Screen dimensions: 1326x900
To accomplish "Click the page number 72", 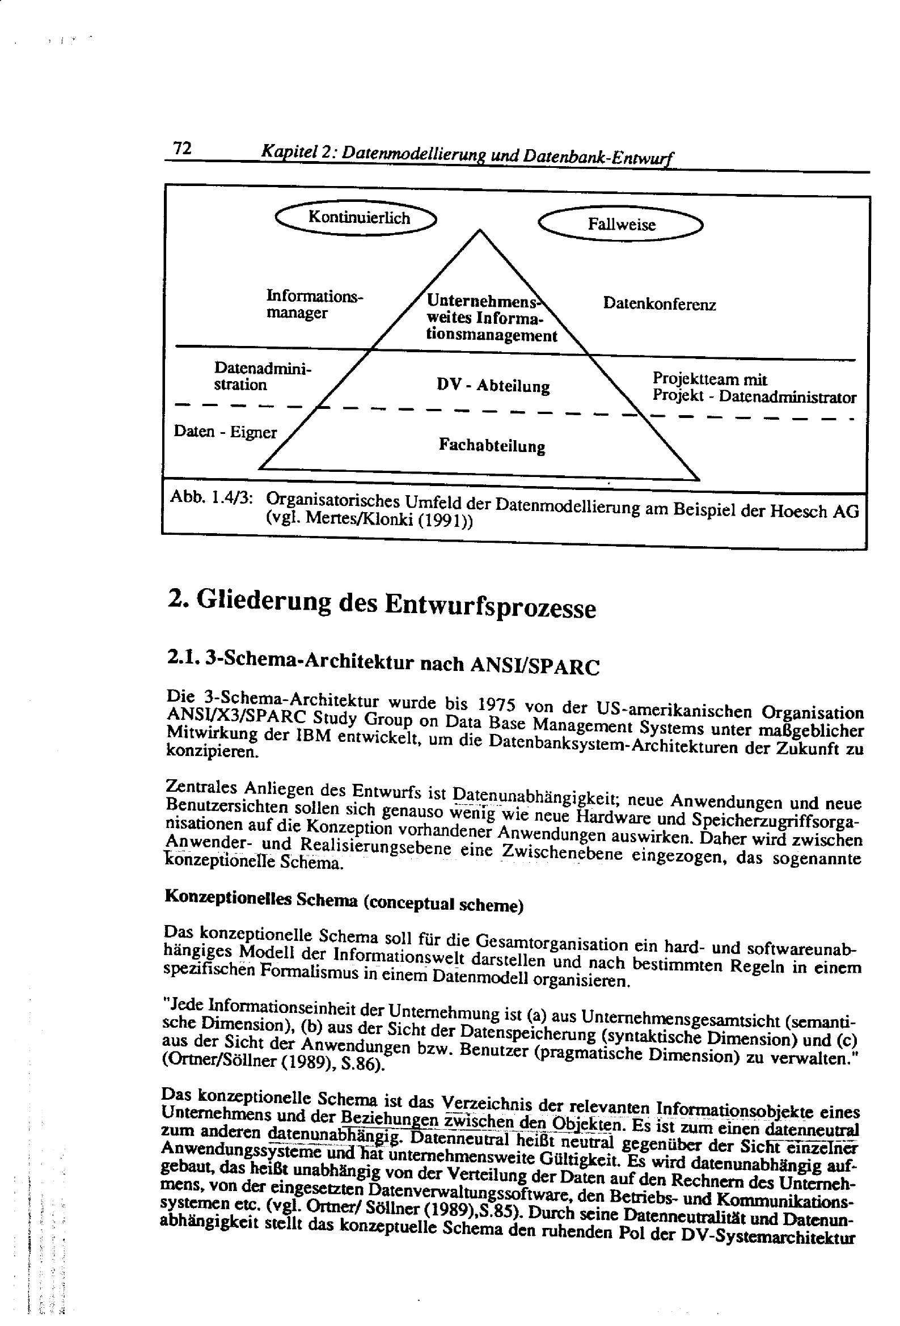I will pos(182,149).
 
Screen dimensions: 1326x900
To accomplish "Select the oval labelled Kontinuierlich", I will pos(356,217).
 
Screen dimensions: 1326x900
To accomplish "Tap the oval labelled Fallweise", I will pos(622,224).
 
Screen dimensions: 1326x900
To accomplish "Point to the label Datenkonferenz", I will pos(659,304).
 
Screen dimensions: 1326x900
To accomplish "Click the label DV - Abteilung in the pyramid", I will pos(493,386).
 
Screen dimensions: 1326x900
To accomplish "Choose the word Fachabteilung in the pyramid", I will pos(492,446).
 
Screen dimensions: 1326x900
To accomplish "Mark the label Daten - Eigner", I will pos(225,432).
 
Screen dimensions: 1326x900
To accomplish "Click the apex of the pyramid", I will pos(479,230).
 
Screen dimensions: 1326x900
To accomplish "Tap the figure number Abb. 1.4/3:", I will pos(212,497).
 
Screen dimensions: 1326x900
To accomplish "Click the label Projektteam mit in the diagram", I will pos(710,379).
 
